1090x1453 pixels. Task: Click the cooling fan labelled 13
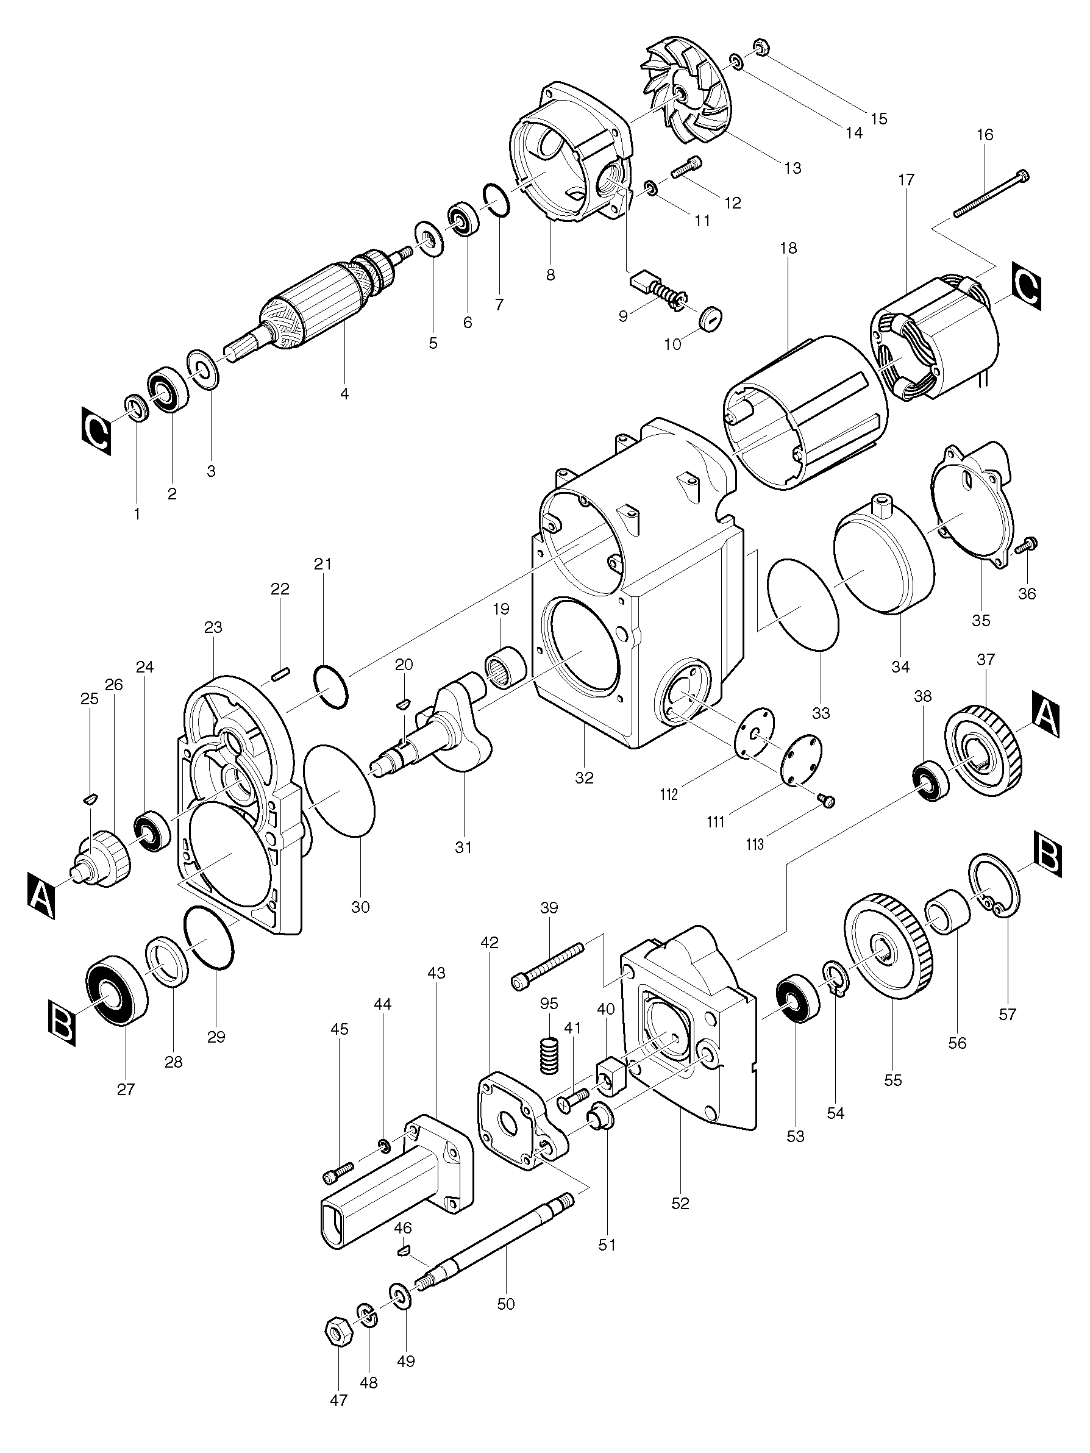[x=686, y=93]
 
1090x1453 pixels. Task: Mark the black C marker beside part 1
[x=96, y=431]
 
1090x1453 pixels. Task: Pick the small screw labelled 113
[x=827, y=801]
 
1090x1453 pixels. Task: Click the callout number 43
[x=436, y=973]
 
